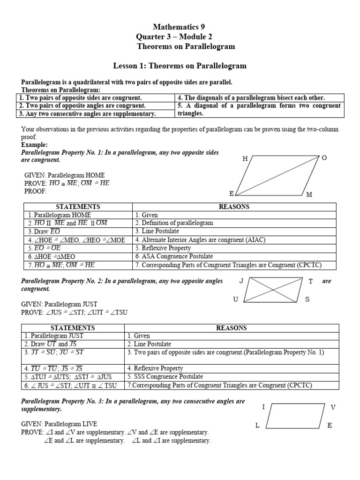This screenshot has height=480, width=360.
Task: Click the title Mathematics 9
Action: (180, 27)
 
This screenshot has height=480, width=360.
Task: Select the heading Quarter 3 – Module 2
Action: (180, 37)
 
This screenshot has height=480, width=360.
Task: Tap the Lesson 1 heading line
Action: (180, 66)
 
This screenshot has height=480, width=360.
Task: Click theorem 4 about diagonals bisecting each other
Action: (251, 97)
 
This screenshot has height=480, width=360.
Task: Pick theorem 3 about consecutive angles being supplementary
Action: (87, 113)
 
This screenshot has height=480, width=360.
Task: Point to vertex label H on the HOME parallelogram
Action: (245, 159)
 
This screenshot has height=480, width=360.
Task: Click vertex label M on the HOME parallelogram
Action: (309, 195)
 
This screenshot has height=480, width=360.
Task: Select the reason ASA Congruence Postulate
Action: (173, 256)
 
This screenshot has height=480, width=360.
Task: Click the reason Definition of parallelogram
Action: (173, 223)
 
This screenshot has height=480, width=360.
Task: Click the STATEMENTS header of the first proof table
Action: (78, 207)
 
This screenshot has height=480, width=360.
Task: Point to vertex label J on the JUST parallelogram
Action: (241, 281)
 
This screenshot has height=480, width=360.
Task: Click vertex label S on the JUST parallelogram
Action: (307, 299)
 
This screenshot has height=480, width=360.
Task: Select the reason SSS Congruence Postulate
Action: (165, 376)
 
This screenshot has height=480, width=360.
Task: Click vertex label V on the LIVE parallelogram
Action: (333, 407)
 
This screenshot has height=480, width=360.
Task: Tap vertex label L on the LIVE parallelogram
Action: (257, 425)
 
